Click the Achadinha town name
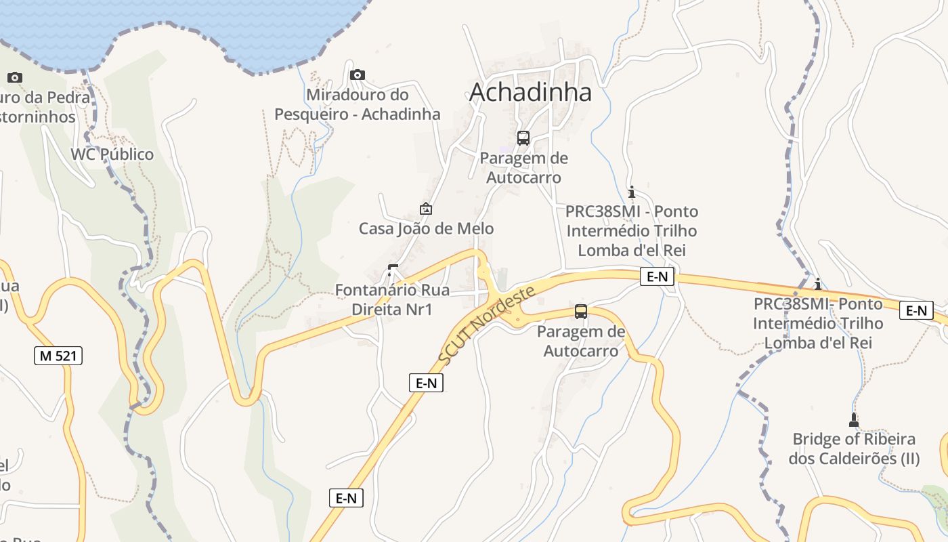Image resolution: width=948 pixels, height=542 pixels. pyautogui.click(x=530, y=92)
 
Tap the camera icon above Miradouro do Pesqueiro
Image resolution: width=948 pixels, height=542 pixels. pyautogui.click(x=358, y=75)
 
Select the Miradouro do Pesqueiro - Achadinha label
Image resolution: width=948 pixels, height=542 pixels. pyautogui.click(x=358, y=104)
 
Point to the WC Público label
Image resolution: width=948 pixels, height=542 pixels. pyautogui.click(x=112, y=154)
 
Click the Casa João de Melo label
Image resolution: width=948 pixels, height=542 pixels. pyautogui.click(x=426, y=228)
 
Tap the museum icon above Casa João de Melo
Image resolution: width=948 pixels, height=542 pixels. pyautogui.click(x=426, y=209)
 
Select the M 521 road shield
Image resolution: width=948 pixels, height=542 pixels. pyautogui.click(x=58, y=355)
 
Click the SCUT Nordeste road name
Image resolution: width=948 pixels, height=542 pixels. pyautogui.click(x=487, y=325)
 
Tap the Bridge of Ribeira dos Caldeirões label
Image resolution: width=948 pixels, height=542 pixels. pyautogui.click(x=854, y=449)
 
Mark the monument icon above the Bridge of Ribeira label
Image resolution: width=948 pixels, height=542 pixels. pyautogui.click(x=854, y=419)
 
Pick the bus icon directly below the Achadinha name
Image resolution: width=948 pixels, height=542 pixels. pyautogui.click(x=523, y=138)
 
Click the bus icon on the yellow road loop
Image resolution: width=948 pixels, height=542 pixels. pyautogui.click(x=581, y=312)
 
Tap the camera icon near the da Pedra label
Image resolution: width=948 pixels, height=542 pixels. pyautogui.click(x=15, y=77)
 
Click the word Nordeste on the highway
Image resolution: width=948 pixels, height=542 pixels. pyautogui.click(x=506, y=308)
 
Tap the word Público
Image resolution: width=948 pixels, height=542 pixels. pyautogui.click(x=128, y=154)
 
